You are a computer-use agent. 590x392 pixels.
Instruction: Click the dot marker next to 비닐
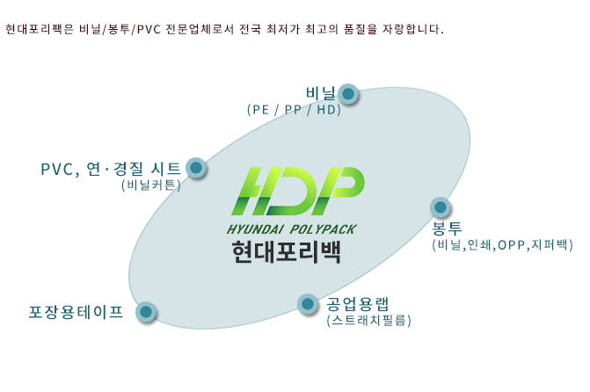(348, 93)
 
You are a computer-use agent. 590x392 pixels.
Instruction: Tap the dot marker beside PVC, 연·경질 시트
(196, 167)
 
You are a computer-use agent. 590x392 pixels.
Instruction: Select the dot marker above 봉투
(441, 207)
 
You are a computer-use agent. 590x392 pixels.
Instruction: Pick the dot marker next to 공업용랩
(308, 303)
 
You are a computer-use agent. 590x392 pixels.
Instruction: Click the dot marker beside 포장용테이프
(146, 311)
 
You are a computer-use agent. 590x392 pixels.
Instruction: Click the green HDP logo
(298, 191)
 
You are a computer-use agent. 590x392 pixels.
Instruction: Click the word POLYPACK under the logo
(324, 229)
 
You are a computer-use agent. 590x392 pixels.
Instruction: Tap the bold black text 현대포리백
(287, 251)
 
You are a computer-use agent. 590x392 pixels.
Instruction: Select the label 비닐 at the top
(321, 93)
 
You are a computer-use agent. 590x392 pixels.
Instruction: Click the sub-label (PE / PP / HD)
(294, 110)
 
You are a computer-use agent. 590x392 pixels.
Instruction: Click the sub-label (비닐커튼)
(151, 185)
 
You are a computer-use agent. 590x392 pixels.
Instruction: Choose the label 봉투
(447, 228)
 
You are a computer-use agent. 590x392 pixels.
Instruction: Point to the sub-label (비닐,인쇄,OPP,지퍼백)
(502, 245)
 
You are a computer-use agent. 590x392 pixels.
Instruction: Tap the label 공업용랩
(358, 304)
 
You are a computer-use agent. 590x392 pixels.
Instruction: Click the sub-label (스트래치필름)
(368, 321)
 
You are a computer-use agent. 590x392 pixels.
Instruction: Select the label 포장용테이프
(76, 312)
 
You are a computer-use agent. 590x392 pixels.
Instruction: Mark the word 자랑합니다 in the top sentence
(411, 29)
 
